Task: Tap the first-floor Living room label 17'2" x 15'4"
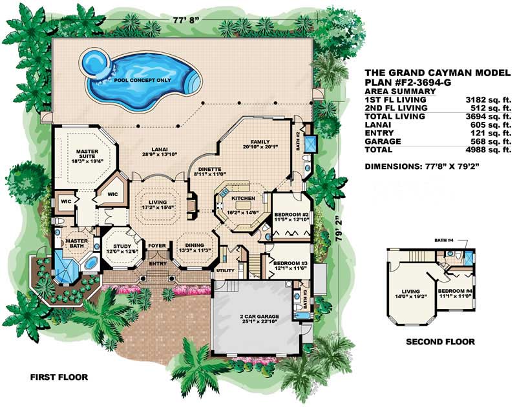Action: coord(158,204)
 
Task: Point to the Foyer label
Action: coord(157,245)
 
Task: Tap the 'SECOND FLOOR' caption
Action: coord(439,341)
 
